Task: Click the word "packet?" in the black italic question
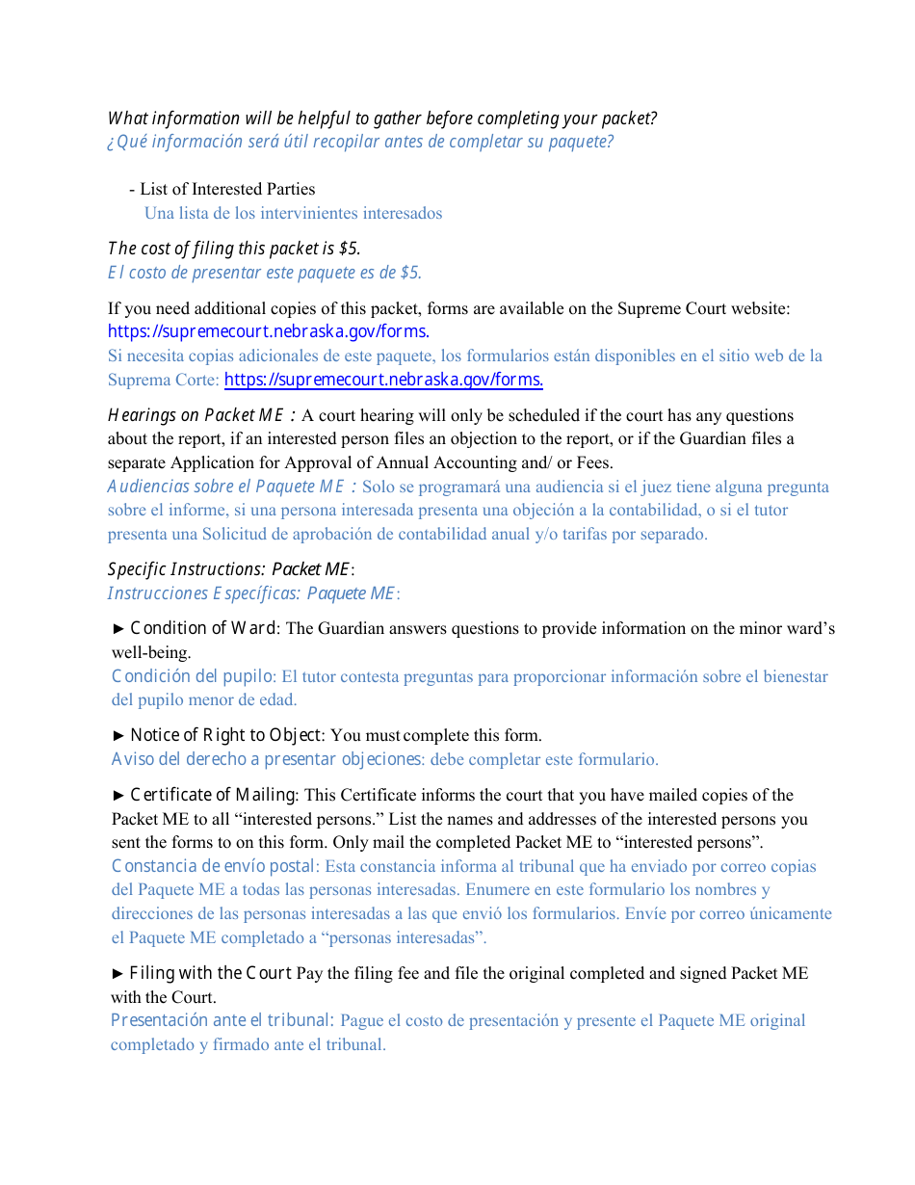tap(627, 118)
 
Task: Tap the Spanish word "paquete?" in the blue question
tap(581, 143)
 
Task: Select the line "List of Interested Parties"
tap(227, 189)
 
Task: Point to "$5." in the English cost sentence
tap(350, 249)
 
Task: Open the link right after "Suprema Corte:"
tap(383, 380)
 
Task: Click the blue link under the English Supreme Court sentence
tap(268, 331)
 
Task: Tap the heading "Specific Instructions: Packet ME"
tap(228, 569)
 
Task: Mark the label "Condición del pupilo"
tap(193, 676)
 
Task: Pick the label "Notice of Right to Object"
tap(225, 736)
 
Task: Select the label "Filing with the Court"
tap(210, 973)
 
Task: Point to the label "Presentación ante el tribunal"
tap(221, 1020)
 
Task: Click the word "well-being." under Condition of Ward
tap(151, 653)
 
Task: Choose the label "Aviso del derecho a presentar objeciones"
tap(266, 759)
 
